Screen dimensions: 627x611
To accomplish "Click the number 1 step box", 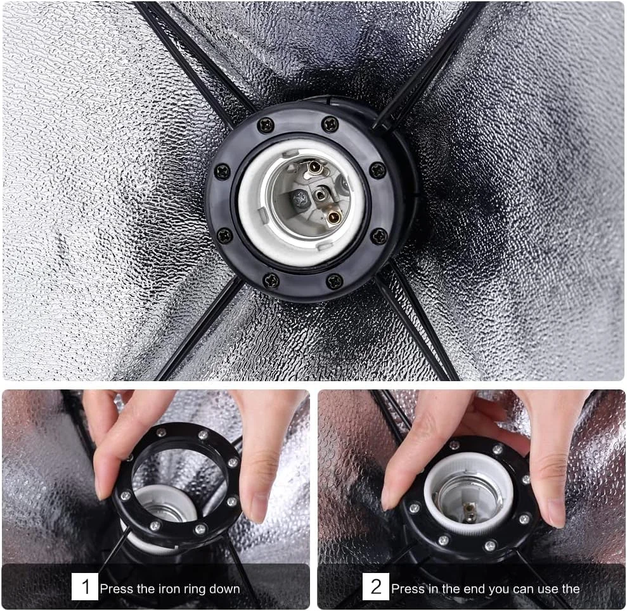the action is tap(85, 586).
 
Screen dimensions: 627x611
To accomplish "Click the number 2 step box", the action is tap(376, 586).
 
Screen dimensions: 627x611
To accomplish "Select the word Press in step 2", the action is tap(407, 589).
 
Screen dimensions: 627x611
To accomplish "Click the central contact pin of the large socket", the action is tap(320, 195).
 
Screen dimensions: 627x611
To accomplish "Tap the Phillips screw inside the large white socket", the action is tap(299, 198).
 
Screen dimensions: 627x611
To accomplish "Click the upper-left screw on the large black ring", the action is tap(266, 125).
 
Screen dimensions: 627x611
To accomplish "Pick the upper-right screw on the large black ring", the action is tap(330, 125).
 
